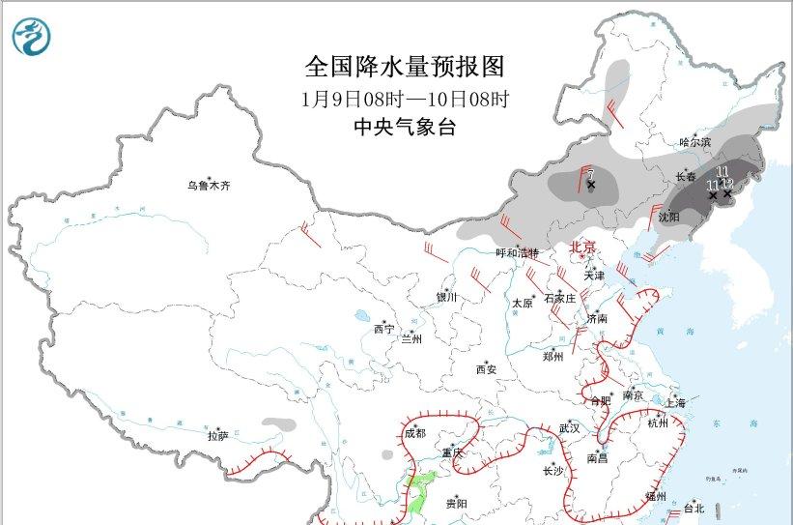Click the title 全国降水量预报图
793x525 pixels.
405,67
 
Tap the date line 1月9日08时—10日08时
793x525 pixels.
405,99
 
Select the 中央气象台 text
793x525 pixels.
405,127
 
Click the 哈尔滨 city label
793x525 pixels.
694,142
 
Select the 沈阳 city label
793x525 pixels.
668,217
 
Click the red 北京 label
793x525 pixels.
584,247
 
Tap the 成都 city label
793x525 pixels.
415,433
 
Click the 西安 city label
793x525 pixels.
486,368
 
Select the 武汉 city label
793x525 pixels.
569,427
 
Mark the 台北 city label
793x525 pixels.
694,508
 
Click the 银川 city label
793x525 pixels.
445,298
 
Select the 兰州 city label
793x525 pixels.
411,338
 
